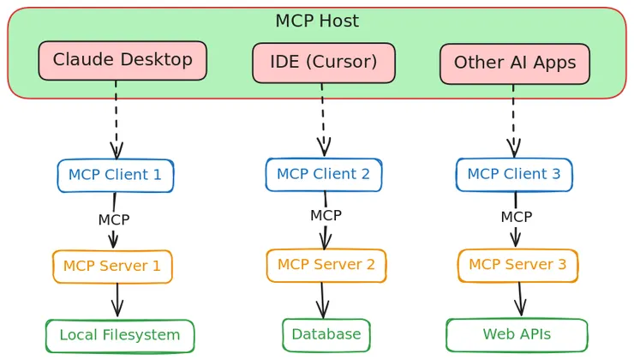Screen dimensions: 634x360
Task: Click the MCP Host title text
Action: coord(317,21)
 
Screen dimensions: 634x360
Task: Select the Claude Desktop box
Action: coord(123,60)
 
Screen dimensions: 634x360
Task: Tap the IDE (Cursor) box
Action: coord(324,63)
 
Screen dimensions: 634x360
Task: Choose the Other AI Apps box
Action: coord(515,64)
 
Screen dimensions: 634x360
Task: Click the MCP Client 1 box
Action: coord(116,176)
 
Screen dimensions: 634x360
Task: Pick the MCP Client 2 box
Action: coord(324,174)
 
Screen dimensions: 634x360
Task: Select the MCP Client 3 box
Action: coord(514,174)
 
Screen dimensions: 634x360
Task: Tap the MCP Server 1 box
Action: coord(112,267)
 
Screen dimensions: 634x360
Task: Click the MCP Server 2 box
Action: coord(326,266)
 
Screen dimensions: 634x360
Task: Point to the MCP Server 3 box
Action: coord(517,266)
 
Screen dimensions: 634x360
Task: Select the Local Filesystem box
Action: coord(120,336)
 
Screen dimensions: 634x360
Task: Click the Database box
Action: coord(326,335)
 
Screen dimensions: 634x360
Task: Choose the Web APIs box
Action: coord(517,335)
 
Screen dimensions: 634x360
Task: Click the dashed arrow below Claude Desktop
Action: coord(116,120)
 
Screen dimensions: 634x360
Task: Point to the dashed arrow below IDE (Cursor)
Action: coord(323,120)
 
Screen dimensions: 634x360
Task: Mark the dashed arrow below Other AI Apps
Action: coord(513,122)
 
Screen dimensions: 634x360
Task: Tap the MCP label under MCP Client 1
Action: coord(114,219)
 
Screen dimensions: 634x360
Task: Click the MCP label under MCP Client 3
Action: coord(517,217)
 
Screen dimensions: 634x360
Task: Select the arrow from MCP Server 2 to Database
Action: coord(322,301)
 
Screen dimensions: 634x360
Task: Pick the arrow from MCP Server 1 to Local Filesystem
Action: coord(117,300)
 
